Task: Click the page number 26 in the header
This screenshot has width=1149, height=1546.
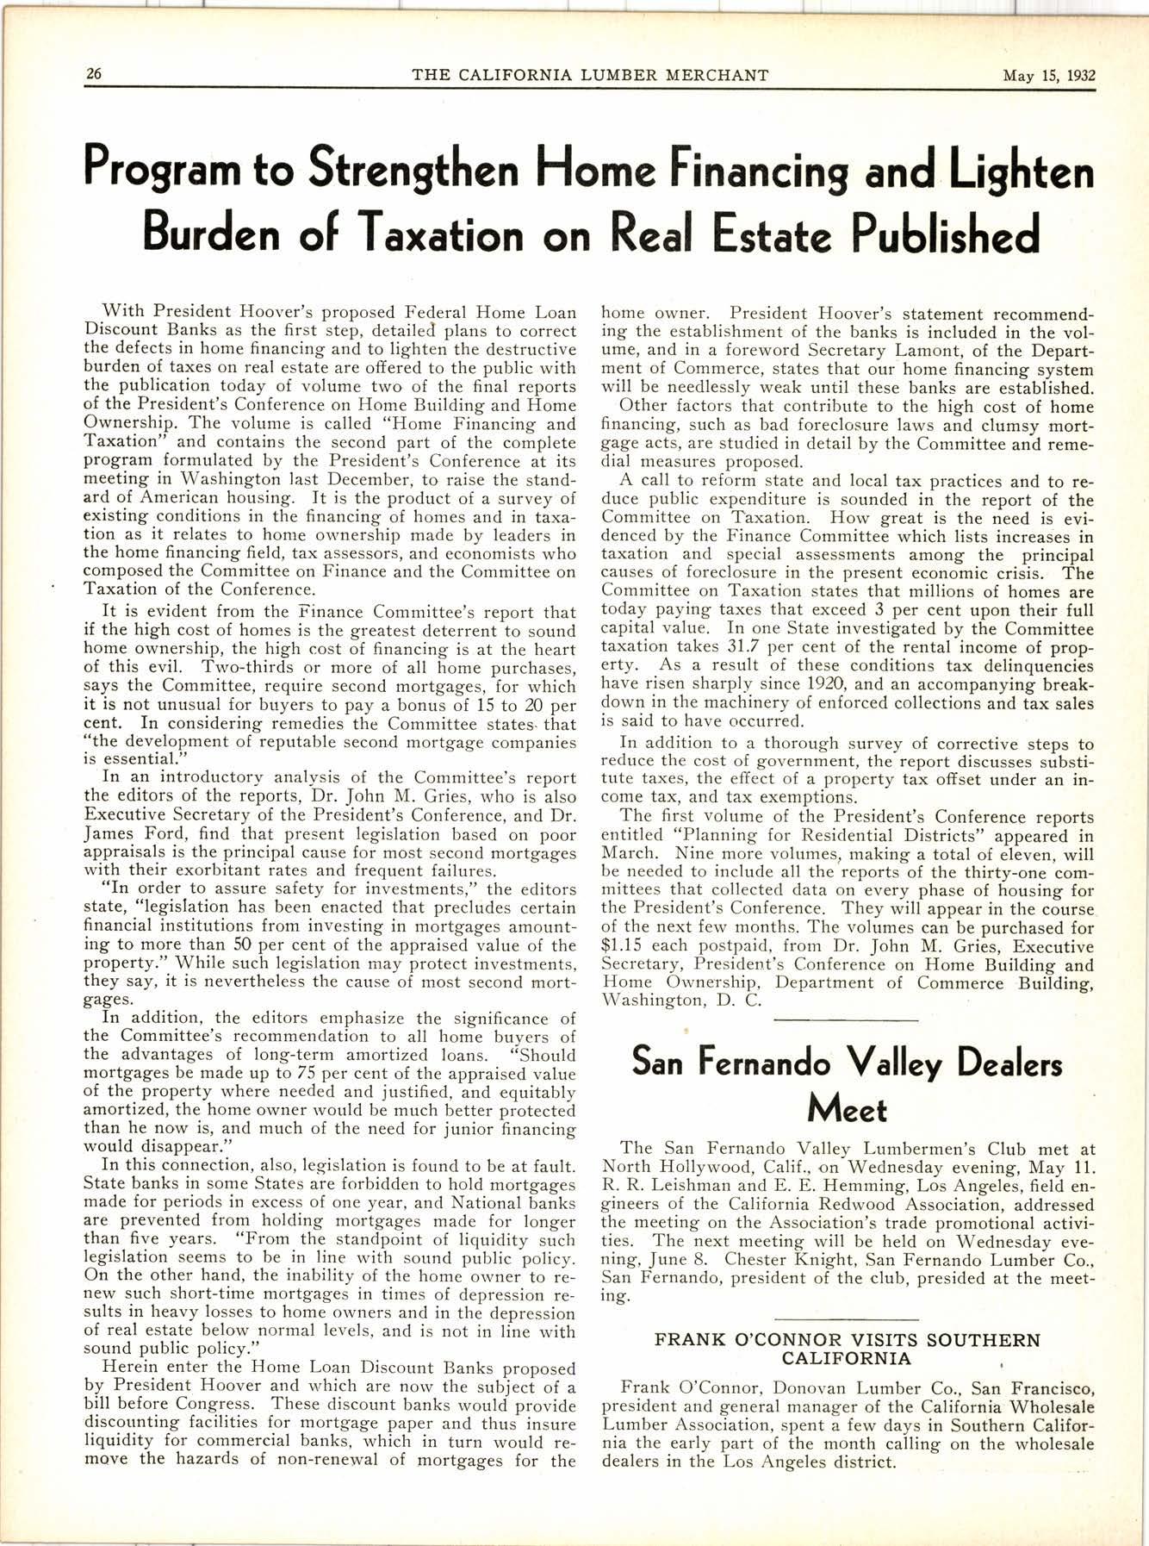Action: coord(93,74)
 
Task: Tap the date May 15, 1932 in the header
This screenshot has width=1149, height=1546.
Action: coord(1048,74)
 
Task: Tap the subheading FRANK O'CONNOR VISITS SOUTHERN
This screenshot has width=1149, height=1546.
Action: coord(848,1340)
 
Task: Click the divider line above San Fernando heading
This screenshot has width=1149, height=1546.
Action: coord(847,1020)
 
